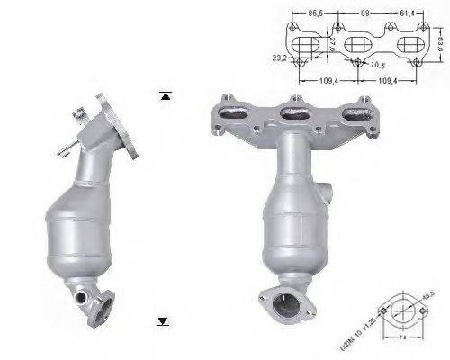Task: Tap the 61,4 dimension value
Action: point(407,14)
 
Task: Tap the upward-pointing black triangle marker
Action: point(164,94)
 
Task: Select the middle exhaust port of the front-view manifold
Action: point(290,113)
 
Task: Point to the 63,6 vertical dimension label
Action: point(439,41)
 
